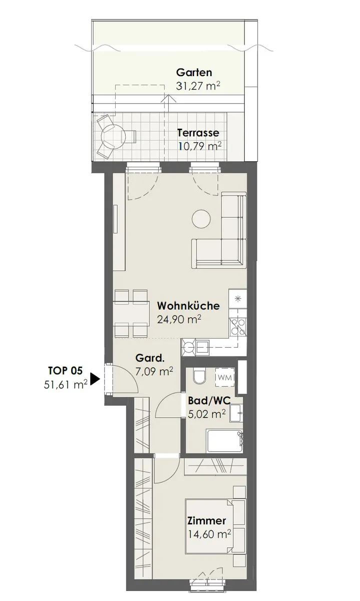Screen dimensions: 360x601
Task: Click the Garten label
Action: click(194, 72)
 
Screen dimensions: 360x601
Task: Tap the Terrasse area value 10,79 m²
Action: click(200, 146)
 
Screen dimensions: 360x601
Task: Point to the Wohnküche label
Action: click(188, 306)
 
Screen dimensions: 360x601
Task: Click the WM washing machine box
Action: click(225, 377)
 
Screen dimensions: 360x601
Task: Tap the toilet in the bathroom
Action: click(199, 376)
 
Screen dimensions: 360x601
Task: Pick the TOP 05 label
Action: click(65, 371)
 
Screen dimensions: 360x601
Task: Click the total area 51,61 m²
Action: click(66, 385)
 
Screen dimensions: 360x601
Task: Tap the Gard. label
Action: click(150, 358)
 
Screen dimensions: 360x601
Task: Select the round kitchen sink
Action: click(189, 348)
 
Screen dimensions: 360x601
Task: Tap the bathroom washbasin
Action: click(235, 413)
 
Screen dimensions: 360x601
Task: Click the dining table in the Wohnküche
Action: click(132, 313)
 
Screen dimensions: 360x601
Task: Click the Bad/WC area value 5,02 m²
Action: click(207, 414)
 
